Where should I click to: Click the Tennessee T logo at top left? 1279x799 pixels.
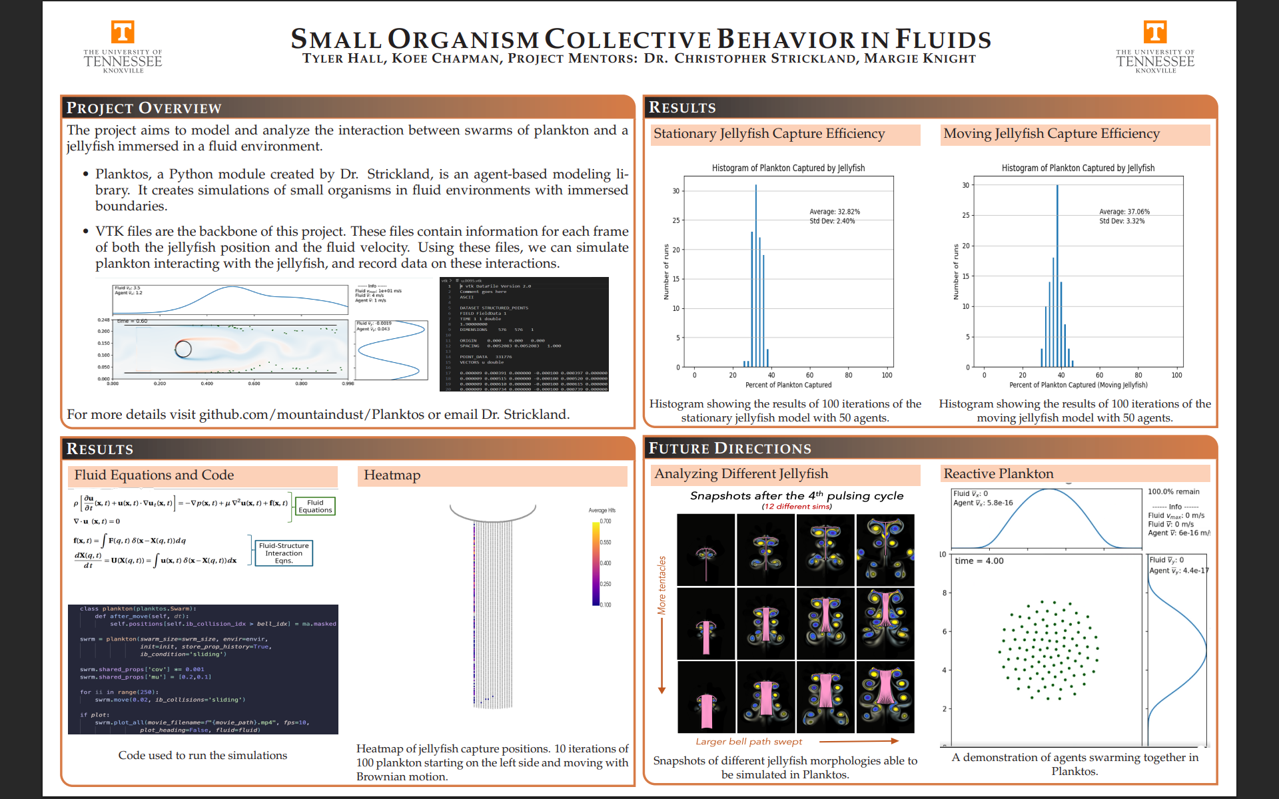pos(123,32)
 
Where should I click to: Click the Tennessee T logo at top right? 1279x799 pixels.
pos(1155,32)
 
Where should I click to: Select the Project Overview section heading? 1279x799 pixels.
pos(143,108)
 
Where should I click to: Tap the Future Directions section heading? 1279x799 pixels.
pos(729,448)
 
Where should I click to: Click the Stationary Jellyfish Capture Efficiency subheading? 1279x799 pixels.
pos(769,134)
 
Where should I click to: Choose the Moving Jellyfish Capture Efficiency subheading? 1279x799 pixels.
pos(1051,134)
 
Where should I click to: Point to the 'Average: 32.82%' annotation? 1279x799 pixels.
pos(835,212)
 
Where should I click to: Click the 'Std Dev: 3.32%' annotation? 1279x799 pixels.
pos(1122,221)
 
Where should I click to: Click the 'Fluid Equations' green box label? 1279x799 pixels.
pos(315,507)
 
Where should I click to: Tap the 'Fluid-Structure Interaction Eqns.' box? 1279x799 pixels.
pos(284,553)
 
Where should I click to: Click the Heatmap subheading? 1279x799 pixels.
pos(392,475)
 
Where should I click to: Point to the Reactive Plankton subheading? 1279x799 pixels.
pos(999,473)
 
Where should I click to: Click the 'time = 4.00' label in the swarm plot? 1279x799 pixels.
pos(979,561)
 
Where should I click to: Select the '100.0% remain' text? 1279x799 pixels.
pos(1173,492)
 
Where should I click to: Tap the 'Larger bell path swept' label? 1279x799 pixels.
pos(749,742)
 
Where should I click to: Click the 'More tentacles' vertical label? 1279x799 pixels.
pos(661,585)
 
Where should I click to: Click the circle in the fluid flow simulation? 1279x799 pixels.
pos(183,348)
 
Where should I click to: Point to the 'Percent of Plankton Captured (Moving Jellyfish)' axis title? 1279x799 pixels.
pos(1078,385)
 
